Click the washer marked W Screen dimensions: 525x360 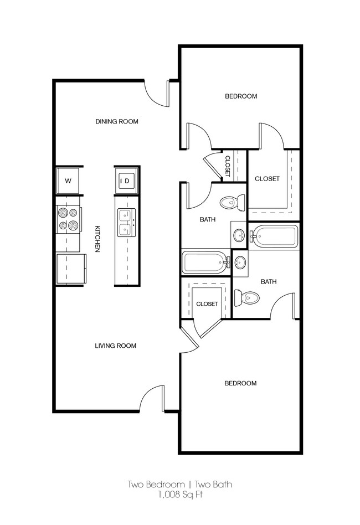click(x=68, y=181)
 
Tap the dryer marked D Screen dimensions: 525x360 click(x=126, y=181)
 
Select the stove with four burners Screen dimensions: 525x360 click(x=68, y=219)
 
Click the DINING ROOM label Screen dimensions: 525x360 click(x=116, y=121)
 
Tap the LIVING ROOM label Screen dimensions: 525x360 click(x=115, y=346)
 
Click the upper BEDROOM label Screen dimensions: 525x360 click(x=240, y=96)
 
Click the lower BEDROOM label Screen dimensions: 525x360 click(x=240, y=383)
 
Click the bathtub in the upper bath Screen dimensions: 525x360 click(x=205, y=262)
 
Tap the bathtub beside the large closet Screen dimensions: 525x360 click(x=274, y=237)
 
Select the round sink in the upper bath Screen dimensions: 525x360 click(x=239, y=235)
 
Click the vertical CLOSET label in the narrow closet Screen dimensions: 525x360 click(x=227, y=166)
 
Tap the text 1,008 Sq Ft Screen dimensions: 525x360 click(x=179, y=495)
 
